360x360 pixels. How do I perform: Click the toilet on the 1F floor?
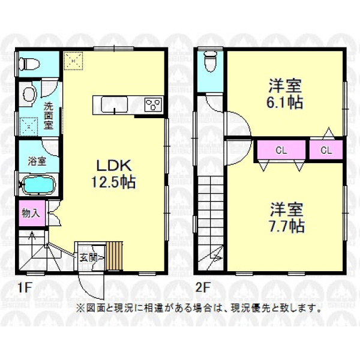29,64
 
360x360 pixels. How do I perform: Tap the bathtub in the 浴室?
38,185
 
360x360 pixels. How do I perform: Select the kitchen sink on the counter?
115,105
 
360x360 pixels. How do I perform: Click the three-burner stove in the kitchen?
154,105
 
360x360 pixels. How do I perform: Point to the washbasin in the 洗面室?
30,94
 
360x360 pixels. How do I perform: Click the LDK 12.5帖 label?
113,173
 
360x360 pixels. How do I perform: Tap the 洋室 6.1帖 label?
284,94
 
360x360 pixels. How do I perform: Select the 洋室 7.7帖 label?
287,217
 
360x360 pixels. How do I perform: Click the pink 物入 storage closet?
32,213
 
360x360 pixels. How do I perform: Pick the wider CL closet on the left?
281,149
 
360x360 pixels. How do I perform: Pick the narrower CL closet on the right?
326,149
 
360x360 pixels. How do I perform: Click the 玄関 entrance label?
88,258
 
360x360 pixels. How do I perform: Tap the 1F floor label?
25,287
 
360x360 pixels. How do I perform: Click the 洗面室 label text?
49,116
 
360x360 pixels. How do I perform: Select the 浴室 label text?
37,161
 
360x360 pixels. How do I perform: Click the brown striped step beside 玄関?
115,256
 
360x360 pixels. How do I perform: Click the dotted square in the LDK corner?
73,61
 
